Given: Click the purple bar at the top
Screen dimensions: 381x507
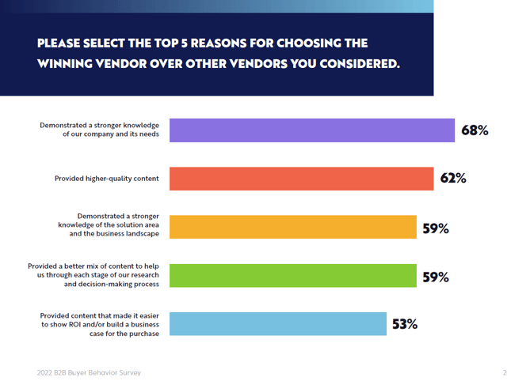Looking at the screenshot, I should click(312, 130).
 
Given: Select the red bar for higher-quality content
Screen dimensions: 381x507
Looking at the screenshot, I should click(301, 179).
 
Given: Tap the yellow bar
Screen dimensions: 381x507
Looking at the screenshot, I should click(293, 227).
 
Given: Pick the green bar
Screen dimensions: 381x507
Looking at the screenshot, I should click(293, 276).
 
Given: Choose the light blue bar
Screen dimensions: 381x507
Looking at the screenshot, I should click(278, 324).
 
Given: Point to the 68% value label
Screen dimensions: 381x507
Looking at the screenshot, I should click(475, 130).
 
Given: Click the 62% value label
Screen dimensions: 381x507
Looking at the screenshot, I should click(453, 179).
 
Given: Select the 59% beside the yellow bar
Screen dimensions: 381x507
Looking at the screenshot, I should click(436, 228).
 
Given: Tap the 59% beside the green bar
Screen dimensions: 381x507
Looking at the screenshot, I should click(436, 277).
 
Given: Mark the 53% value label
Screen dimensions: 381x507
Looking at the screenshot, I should click(404, 324).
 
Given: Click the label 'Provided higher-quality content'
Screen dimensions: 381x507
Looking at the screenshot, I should click(107, 179).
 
